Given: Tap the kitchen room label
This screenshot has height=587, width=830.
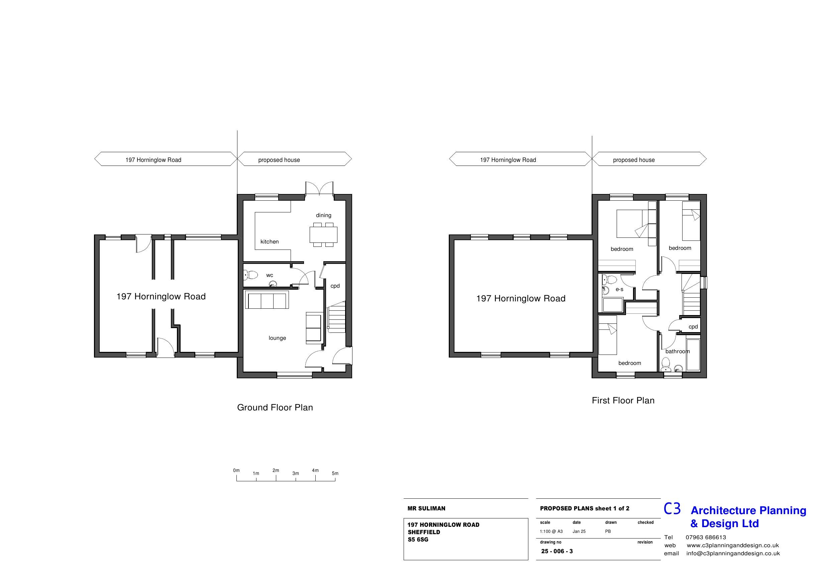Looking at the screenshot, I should coord(269,241).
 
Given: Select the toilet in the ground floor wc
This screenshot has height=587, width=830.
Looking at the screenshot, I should coord(251,275).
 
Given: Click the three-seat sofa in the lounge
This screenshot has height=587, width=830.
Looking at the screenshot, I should coord(267,301).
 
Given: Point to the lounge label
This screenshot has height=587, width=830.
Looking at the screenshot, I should coord(277,338).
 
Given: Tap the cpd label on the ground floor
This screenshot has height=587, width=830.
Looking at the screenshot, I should coord(335,286).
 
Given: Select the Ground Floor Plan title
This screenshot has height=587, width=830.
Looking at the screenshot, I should coord(275,407).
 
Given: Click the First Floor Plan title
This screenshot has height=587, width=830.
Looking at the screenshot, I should coord(623,400).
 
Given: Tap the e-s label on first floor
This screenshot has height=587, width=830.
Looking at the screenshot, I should coord(619,289).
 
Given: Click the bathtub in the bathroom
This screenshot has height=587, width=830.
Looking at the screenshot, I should coord(693,355).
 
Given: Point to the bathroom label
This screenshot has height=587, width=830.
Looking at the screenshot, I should coord(677,351).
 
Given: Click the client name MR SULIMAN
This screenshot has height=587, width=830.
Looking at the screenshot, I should coord(426,508).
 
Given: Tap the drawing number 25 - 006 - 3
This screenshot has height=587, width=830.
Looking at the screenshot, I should coord(557,551).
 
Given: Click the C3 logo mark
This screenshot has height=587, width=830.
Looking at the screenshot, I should coord(672,508).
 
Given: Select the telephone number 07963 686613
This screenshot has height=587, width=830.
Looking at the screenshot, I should coord(706,537).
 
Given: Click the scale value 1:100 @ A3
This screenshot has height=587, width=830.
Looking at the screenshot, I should coord(551,531).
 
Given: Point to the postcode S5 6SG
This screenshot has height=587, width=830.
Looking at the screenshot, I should coord(418,539).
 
